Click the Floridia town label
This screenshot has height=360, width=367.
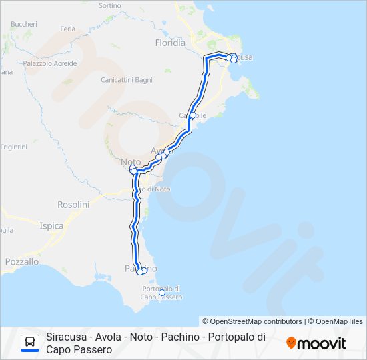point(170,43)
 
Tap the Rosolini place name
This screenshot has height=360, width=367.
point(73,204)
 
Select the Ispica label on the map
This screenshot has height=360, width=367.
point(51,226)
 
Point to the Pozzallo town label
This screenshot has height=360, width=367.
point(22,262)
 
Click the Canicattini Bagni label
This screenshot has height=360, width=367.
point(127,80)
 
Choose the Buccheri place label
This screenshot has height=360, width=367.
point(24,23)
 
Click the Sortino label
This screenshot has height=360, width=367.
point(110,5)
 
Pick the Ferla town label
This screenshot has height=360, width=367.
point(68,29)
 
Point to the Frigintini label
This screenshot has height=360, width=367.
point(13,147)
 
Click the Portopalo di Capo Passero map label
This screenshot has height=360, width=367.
point(162,293)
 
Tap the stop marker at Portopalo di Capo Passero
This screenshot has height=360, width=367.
point(162,292)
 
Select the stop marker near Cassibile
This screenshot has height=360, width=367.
point(193,115)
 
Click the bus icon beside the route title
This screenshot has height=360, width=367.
point(30,343)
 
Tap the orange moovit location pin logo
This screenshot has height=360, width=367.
point(291,343)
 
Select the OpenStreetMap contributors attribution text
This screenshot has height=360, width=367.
point(252,321)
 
